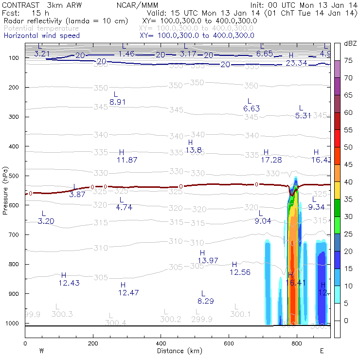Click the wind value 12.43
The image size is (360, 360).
pos(69,283)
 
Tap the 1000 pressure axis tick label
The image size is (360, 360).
pos(12,324)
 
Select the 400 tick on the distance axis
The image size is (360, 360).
pos(161,343)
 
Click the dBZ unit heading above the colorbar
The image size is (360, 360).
pos(350,43)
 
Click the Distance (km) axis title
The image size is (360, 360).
pos(178,351)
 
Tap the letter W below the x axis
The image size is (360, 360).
pos(42,351)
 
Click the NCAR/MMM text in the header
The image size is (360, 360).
pos(137,5)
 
